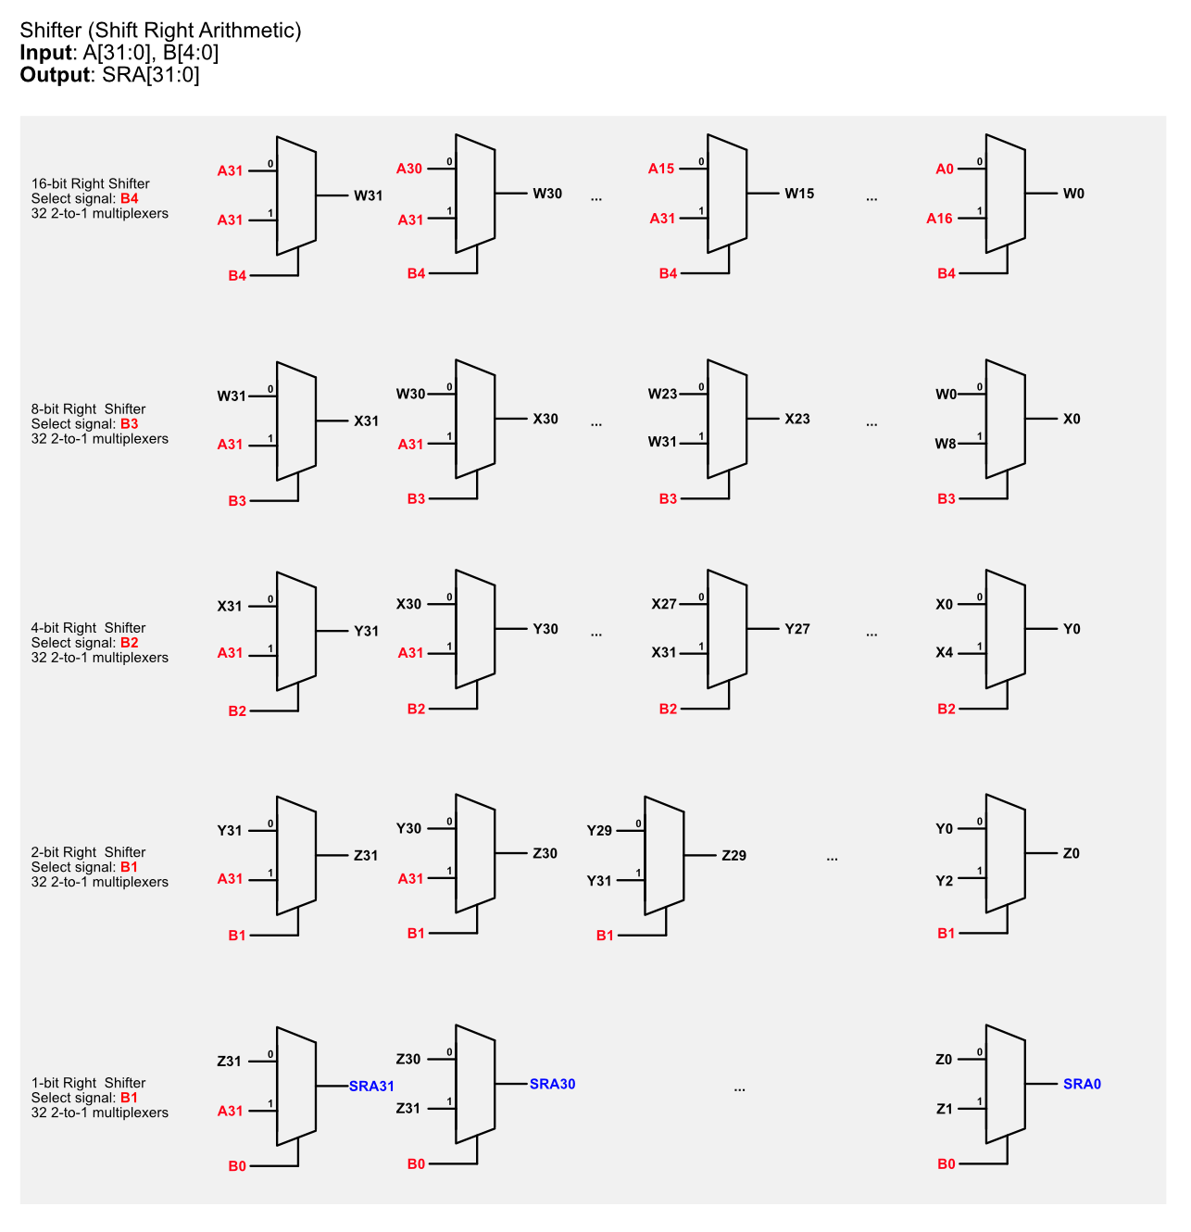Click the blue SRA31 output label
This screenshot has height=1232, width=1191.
(x=371, y=1086)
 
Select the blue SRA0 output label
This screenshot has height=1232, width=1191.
(x=1082, y=1083)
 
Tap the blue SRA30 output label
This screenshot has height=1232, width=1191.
(x=553, y=1083)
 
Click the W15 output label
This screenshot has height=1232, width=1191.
(x=799, y=193)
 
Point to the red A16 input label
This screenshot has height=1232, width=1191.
(x=939, y=219)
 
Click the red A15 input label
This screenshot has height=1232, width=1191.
(x=660, y=169)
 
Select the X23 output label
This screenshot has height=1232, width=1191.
(x=797, y=419)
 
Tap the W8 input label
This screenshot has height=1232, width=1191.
(x=946, y=443)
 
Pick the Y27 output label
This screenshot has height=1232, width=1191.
(x=797, y=629)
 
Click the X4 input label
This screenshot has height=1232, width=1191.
(x=945, y=652)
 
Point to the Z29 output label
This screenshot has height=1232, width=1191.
(x=734, y=855)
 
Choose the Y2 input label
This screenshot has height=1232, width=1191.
(x=945, y=881)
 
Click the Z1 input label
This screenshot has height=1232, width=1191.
(x=945, y=1109)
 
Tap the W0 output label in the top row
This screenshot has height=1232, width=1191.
(x=1073, y=193)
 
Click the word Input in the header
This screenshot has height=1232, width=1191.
(x=46, y=53)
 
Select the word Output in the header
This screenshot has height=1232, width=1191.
(x=56, y=75)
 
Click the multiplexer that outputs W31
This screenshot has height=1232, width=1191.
(x=296, y=195)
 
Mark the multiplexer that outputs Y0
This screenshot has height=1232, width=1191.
(x=1006, y=629)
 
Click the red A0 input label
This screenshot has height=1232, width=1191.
(x=945, y=169)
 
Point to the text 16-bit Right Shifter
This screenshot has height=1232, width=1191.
(x=91, y=183)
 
